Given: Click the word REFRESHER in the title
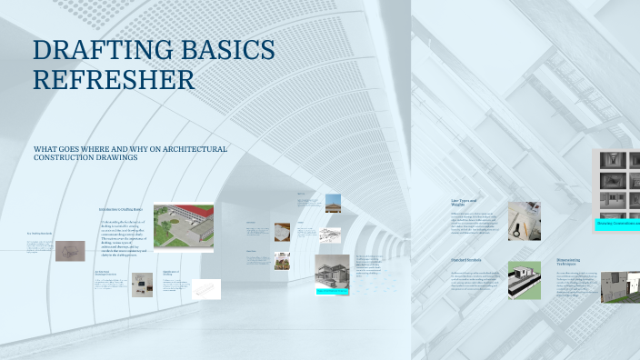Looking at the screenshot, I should (114, 80).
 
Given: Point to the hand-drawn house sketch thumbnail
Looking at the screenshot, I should (70, 251).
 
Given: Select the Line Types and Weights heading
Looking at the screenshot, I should (465, 202).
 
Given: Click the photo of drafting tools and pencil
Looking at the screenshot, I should (525, 220).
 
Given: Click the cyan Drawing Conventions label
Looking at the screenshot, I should (618, 223).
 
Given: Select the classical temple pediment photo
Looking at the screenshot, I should (333, 203).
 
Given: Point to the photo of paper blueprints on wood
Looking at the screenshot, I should (282, 231).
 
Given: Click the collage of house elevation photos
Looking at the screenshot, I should (619, 184).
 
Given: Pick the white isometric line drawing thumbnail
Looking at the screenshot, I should (205, 289).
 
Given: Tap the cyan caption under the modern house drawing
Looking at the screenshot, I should (333, 292).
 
